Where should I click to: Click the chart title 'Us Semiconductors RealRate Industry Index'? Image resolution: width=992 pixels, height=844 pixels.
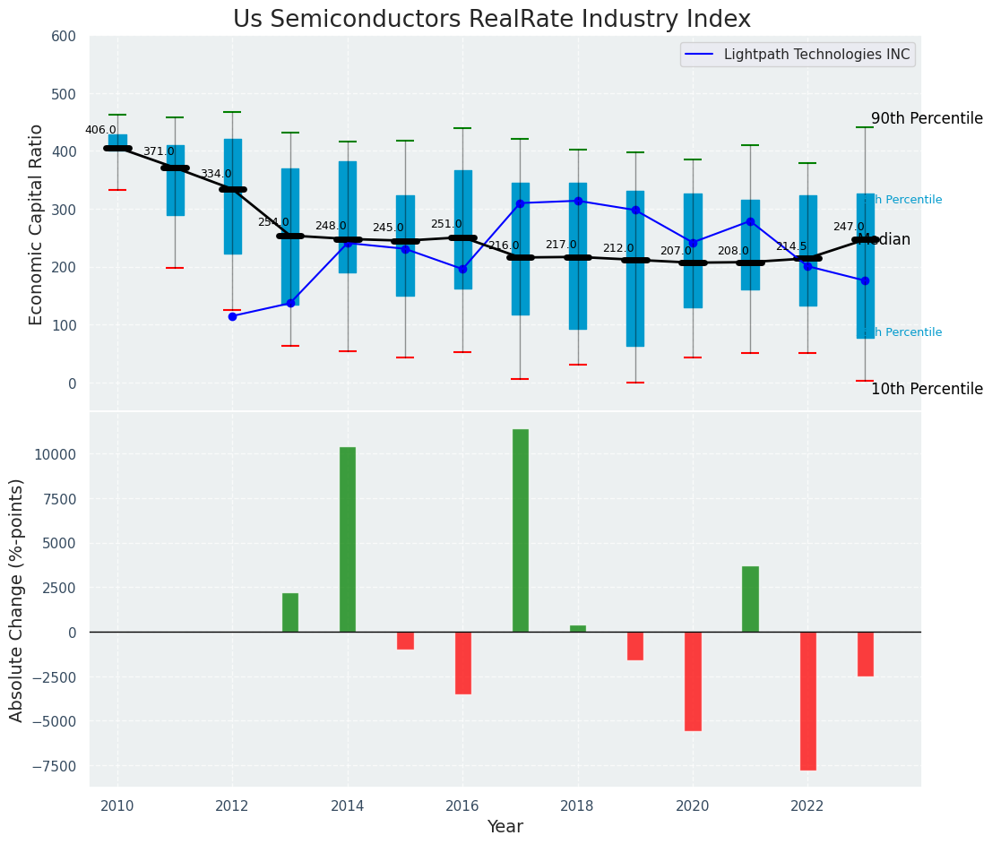tap(491, 20)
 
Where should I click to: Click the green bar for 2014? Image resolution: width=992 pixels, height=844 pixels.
tap(348, 539)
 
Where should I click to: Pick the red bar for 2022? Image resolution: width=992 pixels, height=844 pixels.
tap(807, 701)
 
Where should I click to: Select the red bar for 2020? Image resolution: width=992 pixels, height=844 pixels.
tap(693, 681)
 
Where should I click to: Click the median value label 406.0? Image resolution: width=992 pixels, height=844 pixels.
tap(100, 130)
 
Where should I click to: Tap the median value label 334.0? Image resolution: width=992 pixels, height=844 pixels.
tap(216, 174)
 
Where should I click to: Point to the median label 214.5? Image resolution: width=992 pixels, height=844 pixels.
tap(791, 246)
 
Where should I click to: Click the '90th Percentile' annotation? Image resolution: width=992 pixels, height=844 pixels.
tap(927, 118)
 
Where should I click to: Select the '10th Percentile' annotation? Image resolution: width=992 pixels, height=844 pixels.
tap(927, 389)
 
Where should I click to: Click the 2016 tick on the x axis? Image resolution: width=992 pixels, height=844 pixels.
tap(462, 805)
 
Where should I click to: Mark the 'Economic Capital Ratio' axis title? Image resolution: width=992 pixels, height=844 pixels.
tap(37, 224)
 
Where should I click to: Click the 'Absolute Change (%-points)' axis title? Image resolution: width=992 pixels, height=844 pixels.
tap(17, 599)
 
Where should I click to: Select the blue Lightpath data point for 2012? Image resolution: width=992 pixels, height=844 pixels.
tap(232, 316)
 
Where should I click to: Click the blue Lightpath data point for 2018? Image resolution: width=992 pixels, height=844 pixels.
tap(578, 201)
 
